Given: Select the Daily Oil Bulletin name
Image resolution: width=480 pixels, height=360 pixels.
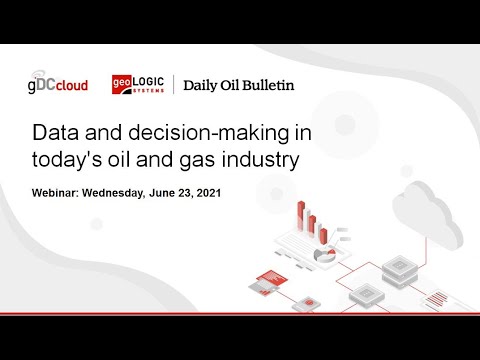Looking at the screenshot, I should tap(238, 85).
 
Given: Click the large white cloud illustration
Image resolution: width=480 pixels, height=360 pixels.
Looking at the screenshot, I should tap(426, 215).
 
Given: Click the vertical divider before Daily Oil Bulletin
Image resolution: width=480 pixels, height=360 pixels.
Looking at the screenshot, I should tap(175, 84).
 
